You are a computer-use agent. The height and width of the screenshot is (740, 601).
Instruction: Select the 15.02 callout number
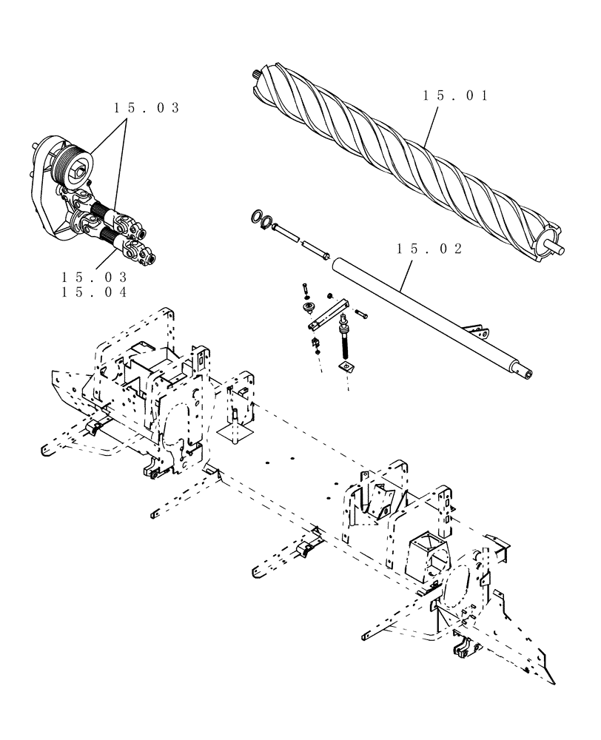(429, 249)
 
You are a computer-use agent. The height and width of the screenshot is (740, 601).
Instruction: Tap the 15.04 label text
(95, 292)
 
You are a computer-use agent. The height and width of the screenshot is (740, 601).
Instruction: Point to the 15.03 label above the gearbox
(147, 108)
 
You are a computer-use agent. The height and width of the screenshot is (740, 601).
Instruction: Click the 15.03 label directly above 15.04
(95, 277)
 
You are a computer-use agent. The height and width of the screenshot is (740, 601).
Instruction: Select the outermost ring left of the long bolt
(255, 217)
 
